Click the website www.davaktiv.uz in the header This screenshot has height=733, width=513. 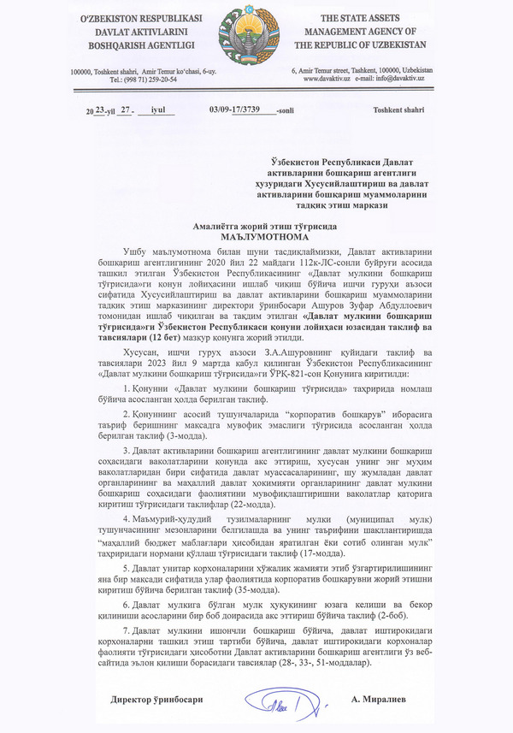point(328,79)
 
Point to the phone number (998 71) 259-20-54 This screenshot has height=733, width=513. point(149,79)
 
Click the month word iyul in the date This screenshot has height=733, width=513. point(157,109)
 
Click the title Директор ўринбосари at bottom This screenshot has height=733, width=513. point(157,700)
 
